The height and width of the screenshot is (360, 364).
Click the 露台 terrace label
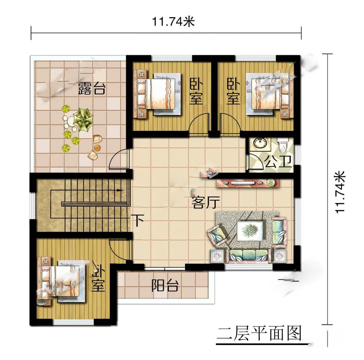click(92, 88)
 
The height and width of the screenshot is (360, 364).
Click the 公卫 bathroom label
click(278, 161)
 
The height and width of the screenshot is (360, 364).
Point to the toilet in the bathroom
click(283, 144)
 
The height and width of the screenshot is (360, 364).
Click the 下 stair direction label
click(138, 220)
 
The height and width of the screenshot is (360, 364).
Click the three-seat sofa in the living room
click(248, 256)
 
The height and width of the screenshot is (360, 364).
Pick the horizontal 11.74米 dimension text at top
click(174, 22)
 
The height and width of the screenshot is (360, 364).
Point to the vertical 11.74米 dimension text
click(340, 192)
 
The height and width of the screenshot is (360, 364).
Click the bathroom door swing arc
click(256, 161)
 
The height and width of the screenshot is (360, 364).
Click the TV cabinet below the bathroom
click(248, 183)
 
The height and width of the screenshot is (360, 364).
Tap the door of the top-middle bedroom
click(199, 124)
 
